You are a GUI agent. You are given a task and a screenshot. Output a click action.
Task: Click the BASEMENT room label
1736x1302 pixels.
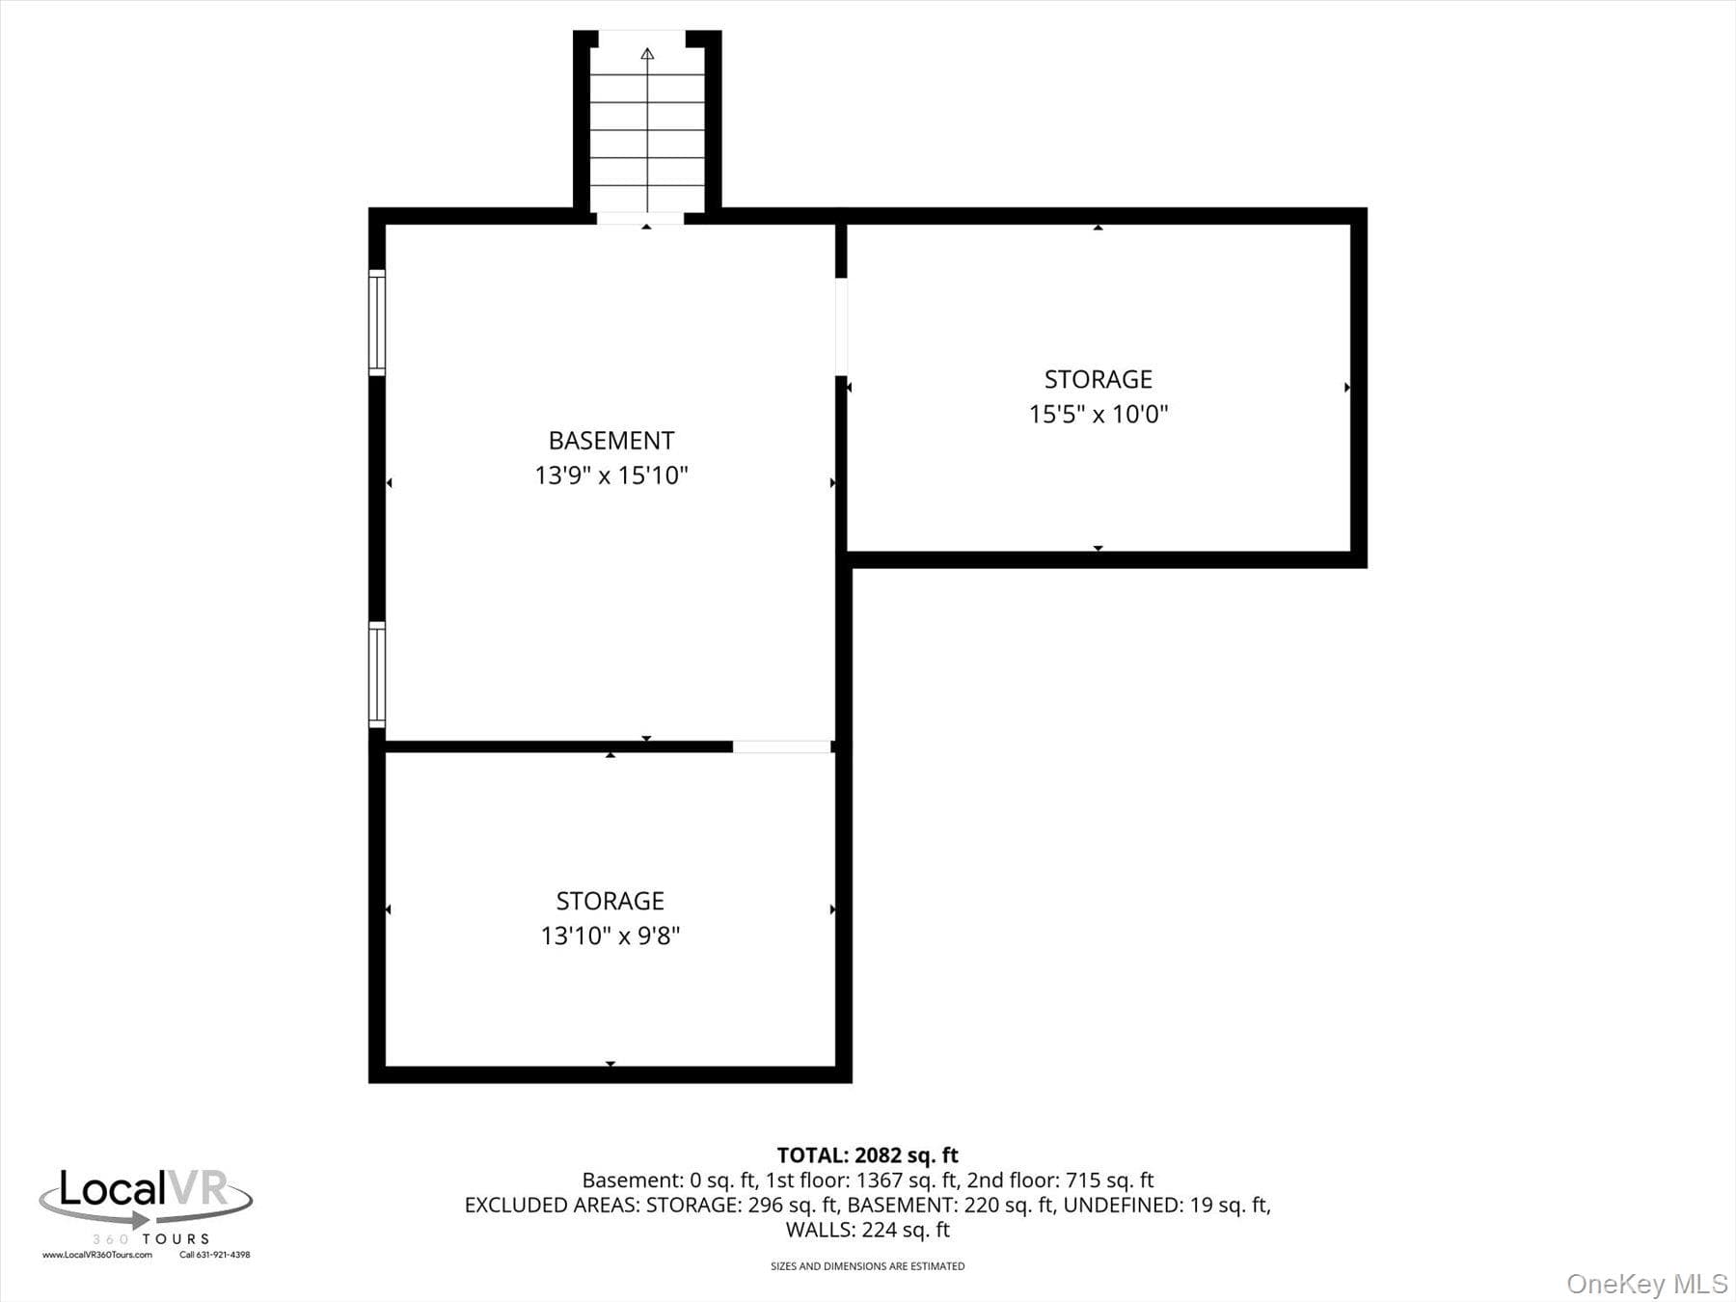(x=611, y=441)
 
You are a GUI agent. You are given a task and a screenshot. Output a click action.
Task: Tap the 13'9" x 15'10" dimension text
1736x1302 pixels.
(x=611, y=475)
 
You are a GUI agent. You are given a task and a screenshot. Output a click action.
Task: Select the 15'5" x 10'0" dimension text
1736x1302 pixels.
(x=1099, y=415)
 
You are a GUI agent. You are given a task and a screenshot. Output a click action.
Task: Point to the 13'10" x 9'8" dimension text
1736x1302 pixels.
(x=610, y=936)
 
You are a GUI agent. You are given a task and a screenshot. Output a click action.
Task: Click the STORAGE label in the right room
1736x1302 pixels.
(x=1099, y=379)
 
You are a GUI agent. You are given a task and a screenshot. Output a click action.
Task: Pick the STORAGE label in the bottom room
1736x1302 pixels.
(x=610, y=901)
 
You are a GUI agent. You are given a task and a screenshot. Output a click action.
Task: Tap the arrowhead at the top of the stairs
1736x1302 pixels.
(x=647, y=54)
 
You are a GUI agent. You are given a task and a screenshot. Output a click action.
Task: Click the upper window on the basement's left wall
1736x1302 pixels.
(x=377, y=322)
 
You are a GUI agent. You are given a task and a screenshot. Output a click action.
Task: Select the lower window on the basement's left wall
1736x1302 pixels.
(x=377, y=675)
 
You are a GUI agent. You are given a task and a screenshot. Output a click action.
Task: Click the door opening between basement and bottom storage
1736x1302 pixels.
(x=782, y=746)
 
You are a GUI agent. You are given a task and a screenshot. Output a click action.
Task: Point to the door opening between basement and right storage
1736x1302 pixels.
(x=841, y=327)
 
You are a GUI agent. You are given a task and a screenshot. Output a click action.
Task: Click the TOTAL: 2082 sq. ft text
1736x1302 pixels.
(x=868, y=1155)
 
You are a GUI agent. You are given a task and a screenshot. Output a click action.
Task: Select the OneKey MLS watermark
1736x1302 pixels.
(x=1647, y=1284)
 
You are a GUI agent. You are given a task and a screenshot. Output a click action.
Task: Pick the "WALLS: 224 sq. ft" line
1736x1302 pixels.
(x=868, y=1230)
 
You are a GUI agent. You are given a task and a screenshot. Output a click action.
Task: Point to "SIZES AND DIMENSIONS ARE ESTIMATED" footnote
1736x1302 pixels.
(x=868, y=1266)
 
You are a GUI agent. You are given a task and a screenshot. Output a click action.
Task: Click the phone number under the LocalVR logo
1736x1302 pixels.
(x=215, y=1255)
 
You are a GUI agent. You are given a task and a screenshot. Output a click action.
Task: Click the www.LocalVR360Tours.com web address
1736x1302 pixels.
(x=97, y=1255)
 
